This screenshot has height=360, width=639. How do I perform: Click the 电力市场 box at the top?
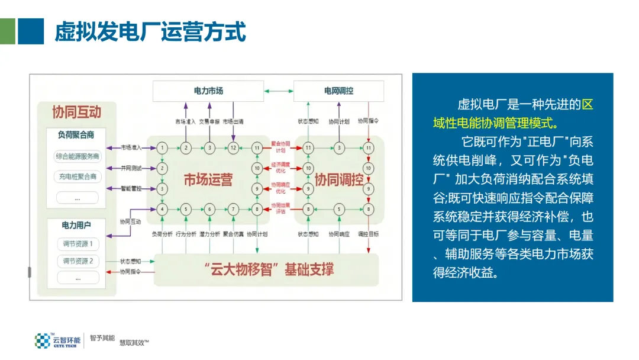pyautogui.click(x=208, y=91)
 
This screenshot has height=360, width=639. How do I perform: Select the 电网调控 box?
pyautogui.click(x=338, y=91)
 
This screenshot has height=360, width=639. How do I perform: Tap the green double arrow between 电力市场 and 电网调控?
pyautogui.click(x=279, y=91)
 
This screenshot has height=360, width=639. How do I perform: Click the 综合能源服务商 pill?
pyautogui.click(x=78, y=157)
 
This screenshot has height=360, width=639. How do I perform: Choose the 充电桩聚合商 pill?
pyautogui.click(x=78, y=176)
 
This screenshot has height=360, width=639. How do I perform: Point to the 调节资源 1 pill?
pyautogui.click(x=78, y=243)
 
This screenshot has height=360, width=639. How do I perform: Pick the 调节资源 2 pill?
pyautogui.click(x=78, y=261)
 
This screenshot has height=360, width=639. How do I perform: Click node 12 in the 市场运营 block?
pyautogui.click(x=233, y=147)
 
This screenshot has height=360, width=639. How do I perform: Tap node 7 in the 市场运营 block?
pyautogui.click(x=233, y=209)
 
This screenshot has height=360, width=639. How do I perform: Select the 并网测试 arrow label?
pyautogui.click(x=131, y=168)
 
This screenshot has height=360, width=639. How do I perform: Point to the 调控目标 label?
pyautogui.click(x=369, y=234)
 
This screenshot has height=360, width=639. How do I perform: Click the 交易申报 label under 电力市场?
pyautogui.click(x=209, y=121)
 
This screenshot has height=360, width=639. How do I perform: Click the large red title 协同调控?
pyautogui.click(x=338, y=179)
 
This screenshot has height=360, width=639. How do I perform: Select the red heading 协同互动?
pyautogui.click(x=76, y=111)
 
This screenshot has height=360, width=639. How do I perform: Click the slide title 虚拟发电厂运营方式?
pyautogui.click(x=150, y=31)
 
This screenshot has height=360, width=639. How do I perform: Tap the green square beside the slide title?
pyautogui.click(x=8, y=31)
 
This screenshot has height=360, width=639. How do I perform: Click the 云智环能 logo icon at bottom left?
pyautogui.click(x=43, y=340)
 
